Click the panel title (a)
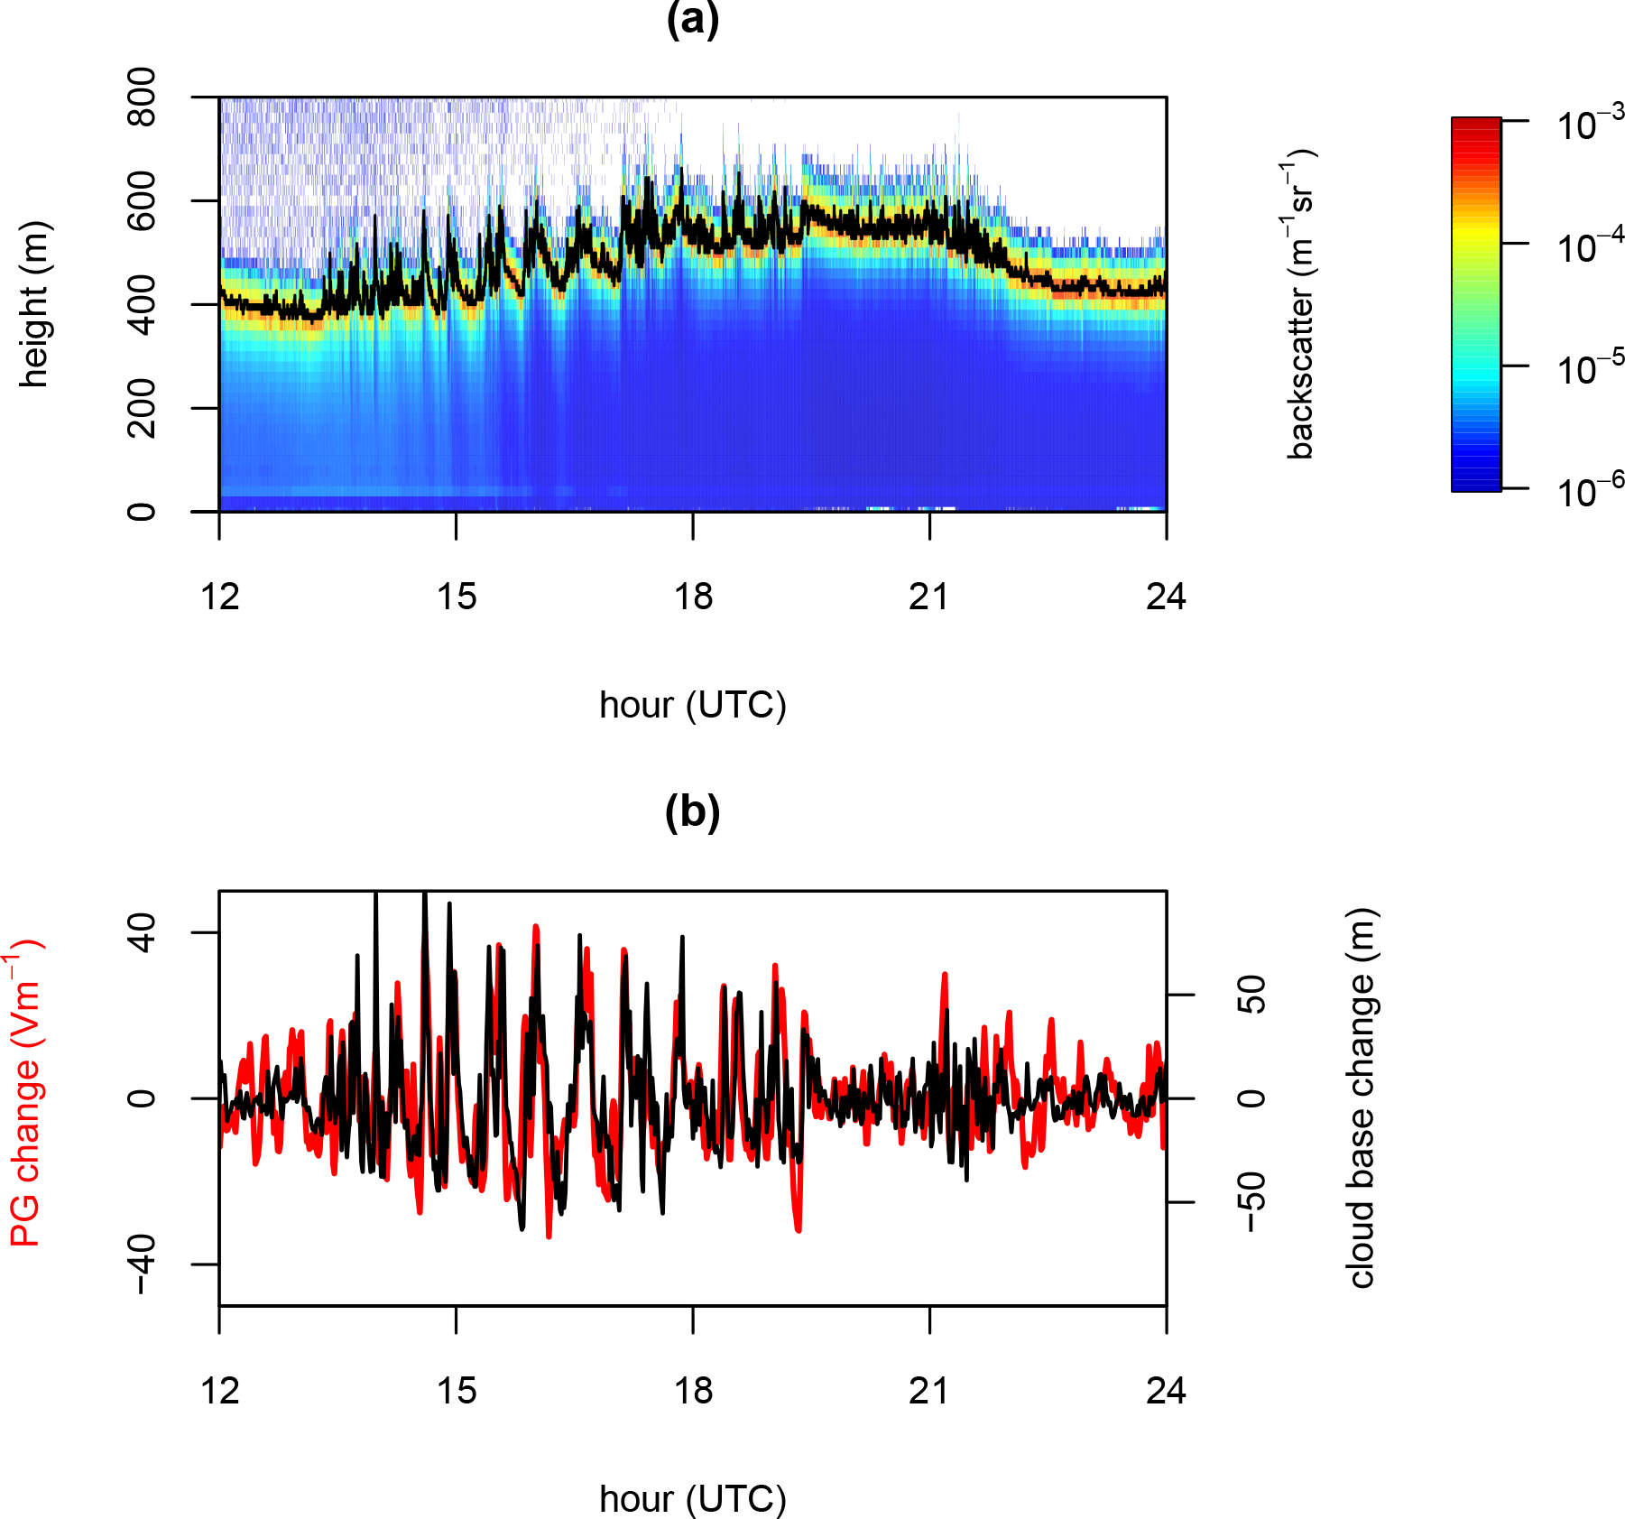(692, 20)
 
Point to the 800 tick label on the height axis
(142, 97)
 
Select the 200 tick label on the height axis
(142, 408)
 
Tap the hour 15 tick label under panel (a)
(457, 597)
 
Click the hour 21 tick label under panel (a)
(929, 597)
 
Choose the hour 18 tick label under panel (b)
(693, 1391)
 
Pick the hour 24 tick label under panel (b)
(1166, 1391)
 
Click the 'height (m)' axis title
(34, 304)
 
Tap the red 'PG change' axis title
(25, 1094)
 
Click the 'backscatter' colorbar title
(1300, 304)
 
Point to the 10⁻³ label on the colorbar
(1590, 125)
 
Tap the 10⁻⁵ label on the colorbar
(1590, 369)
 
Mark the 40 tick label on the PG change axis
(142, 932)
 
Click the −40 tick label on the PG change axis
(142, 1264)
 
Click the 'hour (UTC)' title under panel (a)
(693, 705)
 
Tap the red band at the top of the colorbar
(1476, 131)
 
